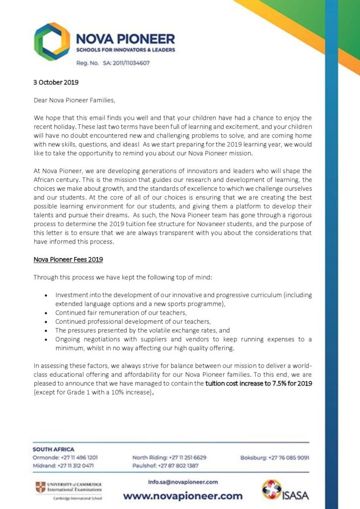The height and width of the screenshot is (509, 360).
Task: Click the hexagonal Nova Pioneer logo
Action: pos(52,42)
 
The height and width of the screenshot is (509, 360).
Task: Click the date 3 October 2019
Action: pos(56,82)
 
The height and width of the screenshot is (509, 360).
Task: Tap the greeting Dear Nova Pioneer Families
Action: pos(74,100)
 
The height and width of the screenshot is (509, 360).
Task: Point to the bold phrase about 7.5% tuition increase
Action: pos(259,383)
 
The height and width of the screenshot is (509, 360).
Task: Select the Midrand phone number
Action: pos(79,466)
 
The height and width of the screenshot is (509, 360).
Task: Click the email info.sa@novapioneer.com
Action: pos(183,482)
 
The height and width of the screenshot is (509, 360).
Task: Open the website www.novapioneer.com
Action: pos(183,496)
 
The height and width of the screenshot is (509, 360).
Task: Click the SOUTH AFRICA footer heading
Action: pos(53,448)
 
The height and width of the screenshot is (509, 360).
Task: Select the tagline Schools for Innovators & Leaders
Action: pos(125,50)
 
